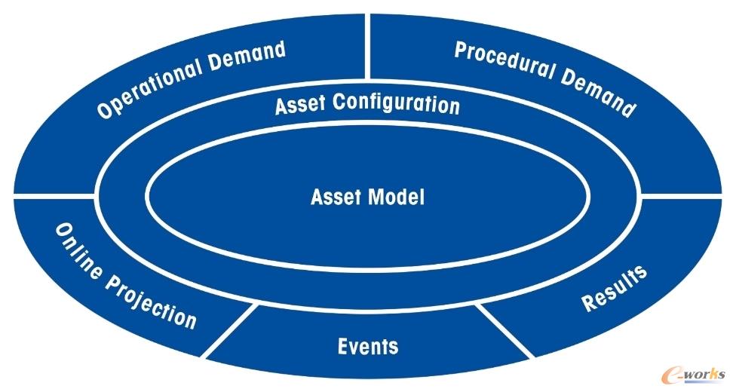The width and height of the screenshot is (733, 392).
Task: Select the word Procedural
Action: tap(505, 62)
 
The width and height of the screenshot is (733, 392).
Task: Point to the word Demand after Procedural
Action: tap(599, 93)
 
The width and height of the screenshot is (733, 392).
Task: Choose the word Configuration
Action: tap(396, 104)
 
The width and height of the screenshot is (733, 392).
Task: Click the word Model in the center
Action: tap(397, 197)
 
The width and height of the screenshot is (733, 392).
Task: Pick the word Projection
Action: tap(149, 302)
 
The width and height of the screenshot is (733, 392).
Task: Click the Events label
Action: tap(368, 346)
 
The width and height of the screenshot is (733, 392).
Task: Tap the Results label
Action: tap(614, 288)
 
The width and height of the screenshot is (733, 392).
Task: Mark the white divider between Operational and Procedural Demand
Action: tap(367, 46)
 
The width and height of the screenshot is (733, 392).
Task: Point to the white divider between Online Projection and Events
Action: tap(229, 330)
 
